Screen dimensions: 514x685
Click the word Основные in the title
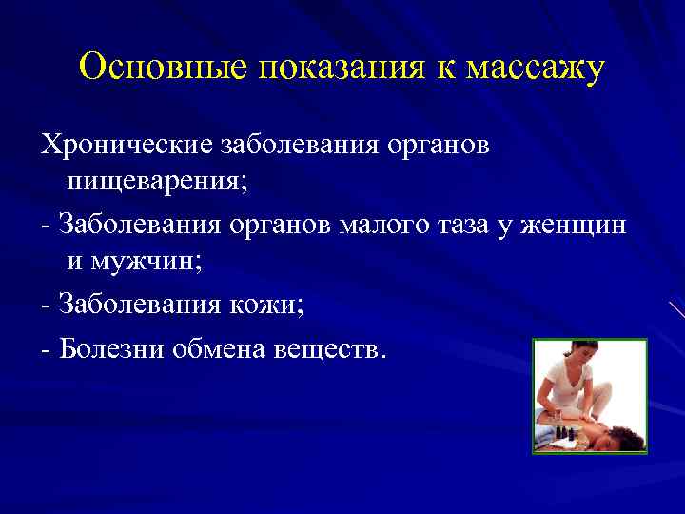tap(161, 69)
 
